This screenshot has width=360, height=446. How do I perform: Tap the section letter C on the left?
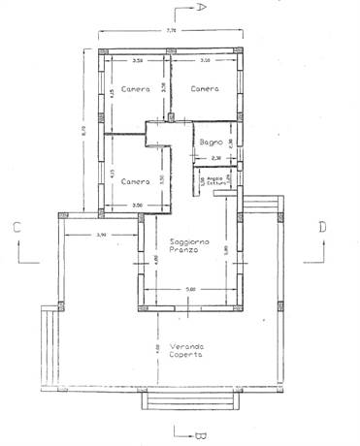point(17,229)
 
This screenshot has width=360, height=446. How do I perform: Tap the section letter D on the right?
point(322,228)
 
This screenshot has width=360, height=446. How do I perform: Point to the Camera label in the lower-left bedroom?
point(137,181)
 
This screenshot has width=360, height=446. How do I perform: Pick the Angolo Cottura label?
point(217,180)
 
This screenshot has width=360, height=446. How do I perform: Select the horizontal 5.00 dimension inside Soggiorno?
point(190,289)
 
